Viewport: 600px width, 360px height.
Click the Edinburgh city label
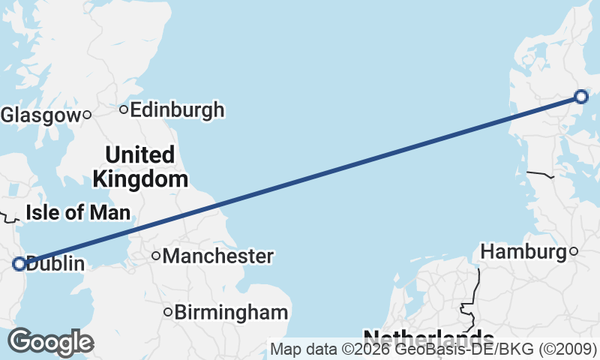177,110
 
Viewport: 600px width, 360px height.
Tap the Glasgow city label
40,115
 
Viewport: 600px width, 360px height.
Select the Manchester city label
217,256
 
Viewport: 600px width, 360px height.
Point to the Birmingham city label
231,312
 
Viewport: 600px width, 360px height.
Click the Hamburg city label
523,252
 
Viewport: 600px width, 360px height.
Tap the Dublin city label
55,264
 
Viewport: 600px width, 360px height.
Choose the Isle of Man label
78,212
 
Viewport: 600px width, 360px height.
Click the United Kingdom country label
139,167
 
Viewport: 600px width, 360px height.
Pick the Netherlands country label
427,337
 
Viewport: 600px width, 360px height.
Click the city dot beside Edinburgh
124,110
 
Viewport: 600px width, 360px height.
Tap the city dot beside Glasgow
87,115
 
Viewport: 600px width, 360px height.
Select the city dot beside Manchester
156,256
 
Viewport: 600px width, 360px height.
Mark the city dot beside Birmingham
168,312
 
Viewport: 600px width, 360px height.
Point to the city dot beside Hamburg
574,251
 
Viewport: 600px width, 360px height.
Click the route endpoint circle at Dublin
19,263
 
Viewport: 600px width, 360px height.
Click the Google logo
50,342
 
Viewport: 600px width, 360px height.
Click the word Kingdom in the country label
139,179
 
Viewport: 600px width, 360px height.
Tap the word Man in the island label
109,212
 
